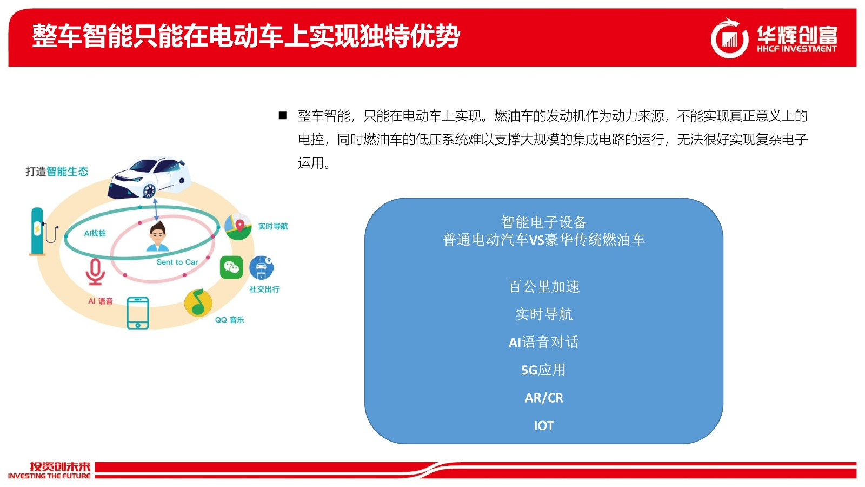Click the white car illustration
(x=150, y=178)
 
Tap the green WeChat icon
(x=231, y=267)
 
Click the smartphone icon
(x=138, y=313)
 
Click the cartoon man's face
(x=157, y=236)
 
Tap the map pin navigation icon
(x=238, y=227)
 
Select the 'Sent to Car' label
(x=177, y=262)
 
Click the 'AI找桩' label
(x=95, y=233)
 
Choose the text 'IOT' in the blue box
(x=544, y=425)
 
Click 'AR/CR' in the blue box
(x=544, y=398)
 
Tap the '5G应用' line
(x=543, y=370)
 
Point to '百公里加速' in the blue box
(x=544, y=286)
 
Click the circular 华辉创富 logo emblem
(x=729, y=38)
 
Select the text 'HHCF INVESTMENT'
(x=797, y=49)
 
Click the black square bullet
(x=283, y=115)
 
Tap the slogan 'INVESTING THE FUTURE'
(x=49, y=476)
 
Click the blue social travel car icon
(x=262, y=267)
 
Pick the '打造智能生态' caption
(x=57, y=171)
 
